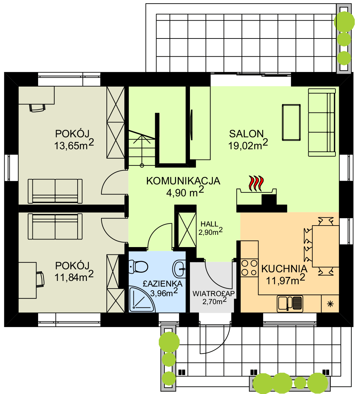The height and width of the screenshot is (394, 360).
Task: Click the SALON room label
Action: click(x=246, y=134)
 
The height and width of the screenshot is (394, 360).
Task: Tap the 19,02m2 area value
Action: click(x=248, y=145)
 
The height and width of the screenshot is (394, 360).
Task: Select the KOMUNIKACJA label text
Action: click(x=183, y=181)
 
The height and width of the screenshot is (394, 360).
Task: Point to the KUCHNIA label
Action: click(x=284, y=269)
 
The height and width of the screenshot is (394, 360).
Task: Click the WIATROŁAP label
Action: click(x=213, y=294)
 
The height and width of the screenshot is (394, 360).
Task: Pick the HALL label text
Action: click(x=209, y=224)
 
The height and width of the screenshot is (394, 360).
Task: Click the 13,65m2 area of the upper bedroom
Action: click(x=74, y=145)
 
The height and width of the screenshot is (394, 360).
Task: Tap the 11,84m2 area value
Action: click(x=74, y=276)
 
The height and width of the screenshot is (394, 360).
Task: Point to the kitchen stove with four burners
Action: click(x=249, y=268)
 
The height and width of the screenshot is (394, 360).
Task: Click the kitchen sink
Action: click(x=290, y=303)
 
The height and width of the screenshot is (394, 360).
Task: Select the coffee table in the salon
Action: click(x=291, y=122)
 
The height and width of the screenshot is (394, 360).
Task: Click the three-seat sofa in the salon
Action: click(x=322, y=122)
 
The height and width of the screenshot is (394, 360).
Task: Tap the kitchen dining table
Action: click(x=326, y=246)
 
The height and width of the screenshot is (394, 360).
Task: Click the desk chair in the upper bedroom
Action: click(x=37, y=107)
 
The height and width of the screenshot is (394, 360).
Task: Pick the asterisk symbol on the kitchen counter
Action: click(x=330, y=304)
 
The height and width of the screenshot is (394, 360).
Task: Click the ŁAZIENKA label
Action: click(x=162, y=284)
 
